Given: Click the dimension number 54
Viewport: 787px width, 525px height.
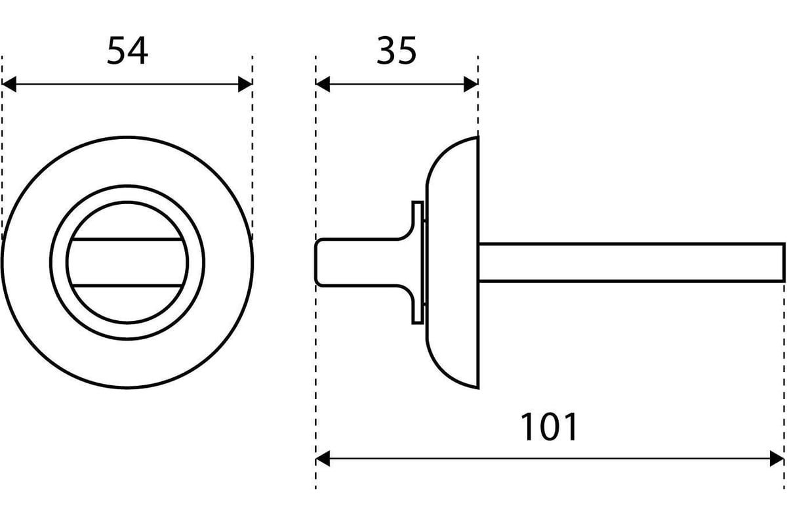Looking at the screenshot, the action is pyautogui.click(x=127, y=51).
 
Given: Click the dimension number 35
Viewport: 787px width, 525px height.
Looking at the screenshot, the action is pyautogui.click(x=396, y=51).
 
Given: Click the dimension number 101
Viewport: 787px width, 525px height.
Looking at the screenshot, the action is pyautogui.click(x=549, y=427).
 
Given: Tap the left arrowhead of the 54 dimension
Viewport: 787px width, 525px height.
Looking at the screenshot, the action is pyautogui.click(x=9, y=85).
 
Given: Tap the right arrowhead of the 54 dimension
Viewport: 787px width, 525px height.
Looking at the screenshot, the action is pyautogui.click(x=245, y=85).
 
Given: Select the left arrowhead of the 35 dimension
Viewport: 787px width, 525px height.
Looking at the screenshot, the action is pyautogui.click(x=323, y=85).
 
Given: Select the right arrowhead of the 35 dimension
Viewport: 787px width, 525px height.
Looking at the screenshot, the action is pyautogui.click(x=471, y=85).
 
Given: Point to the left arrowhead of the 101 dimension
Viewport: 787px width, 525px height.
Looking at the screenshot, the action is pyautogui.click(x=323, y=459).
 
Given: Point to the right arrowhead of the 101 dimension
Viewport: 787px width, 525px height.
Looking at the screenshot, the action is pyautogui.click(x=777, y=459).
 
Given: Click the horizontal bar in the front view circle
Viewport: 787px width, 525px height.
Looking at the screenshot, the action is pyautogui.click(x=127, y=262).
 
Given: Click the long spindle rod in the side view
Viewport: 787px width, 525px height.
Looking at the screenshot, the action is pyautogui.click(x=632, y=262).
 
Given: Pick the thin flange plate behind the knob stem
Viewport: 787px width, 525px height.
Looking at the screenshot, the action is pyautogui.click(x=418, y=262).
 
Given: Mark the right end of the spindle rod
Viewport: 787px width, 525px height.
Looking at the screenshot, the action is pyautogui.click(x=784, y=262).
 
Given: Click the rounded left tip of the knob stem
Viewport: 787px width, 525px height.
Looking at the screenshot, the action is pyautogui.click(x=316, y=262).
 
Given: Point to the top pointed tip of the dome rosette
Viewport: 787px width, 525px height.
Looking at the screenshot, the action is pyautogui.click(x=478, y=136).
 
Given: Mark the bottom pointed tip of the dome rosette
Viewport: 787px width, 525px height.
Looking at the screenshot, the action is pyautogui.click(x=478, y=388).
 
